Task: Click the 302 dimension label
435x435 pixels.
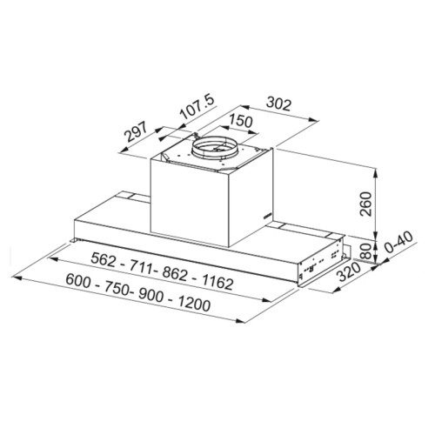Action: click(x=278, y=104)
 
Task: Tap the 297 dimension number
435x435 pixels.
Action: click(x=136, y=132)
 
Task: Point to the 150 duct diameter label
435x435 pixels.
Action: click(x=240, y=121)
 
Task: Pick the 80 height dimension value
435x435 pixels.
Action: click(x=365, y=251)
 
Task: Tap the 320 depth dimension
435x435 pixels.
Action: click(x=350, y=272)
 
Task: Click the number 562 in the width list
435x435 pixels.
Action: click(x=103, y=259)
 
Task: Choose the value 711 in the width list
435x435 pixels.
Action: click(x=141, y=267)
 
